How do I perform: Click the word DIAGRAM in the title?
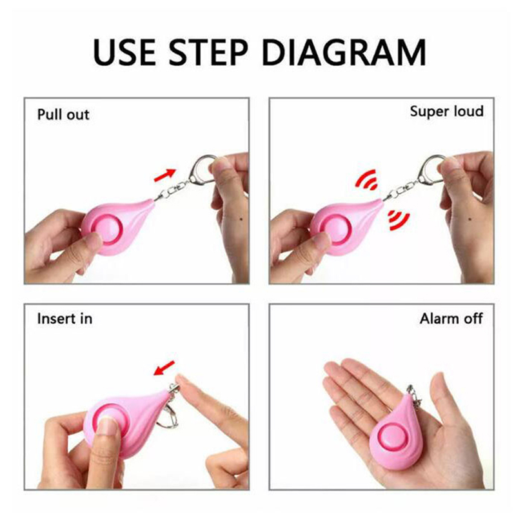(x=344, y=52)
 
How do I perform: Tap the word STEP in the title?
(x=208, y=52)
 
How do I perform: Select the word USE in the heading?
(x=124, y=52)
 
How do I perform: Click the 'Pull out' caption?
(x=63, y=115)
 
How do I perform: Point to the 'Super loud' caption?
(x=446, y=111)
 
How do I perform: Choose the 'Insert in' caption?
(x=64, y=319)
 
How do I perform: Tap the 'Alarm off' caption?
(x=451, y=319)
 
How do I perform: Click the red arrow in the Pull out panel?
(x=165, y=175)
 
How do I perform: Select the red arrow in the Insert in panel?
(x=164, y=368)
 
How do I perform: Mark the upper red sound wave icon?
(x=367, y=180)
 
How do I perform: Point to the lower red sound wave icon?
(x=399, y=219)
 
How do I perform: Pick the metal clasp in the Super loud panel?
(x=430, y=170)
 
